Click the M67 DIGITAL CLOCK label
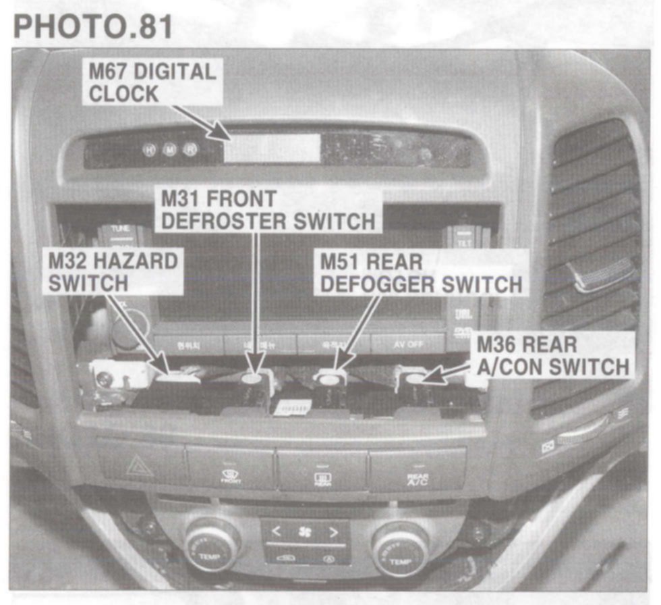point(152,82)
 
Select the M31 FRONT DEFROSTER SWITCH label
point(268,210)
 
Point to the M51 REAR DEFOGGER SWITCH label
point(420,273)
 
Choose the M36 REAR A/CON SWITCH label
point(552,356)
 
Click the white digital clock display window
point(271,148)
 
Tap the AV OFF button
point(409,344)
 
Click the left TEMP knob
point(212,545)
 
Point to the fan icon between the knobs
point(305,531)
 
